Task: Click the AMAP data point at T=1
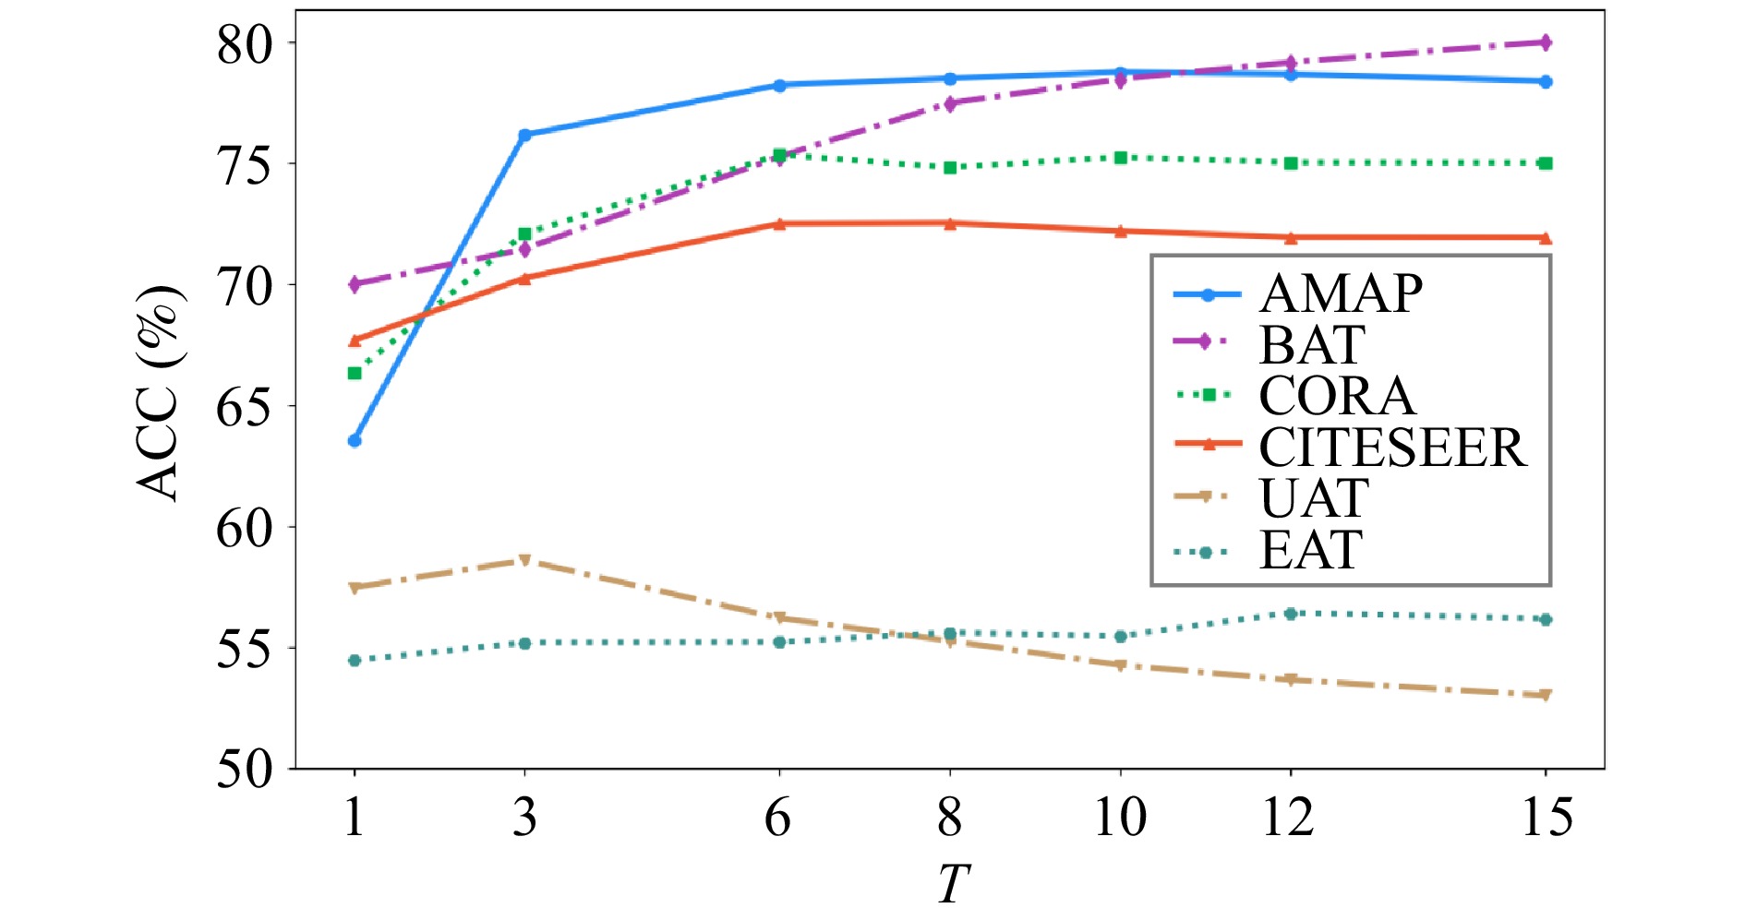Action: [x=355, y=440]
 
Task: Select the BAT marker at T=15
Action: [x=1546, y=42]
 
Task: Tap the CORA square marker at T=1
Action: [x=355, y=373]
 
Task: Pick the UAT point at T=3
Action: [x=524, y=560]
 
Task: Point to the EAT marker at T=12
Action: [x=1291, y=614]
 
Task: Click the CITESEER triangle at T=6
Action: [x=779, y=223]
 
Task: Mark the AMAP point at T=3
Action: [x=524, y=135]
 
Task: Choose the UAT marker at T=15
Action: [x=1546, y=695]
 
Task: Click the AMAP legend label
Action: [x=1341, y=294]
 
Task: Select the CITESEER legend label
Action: [x=1392, y=448]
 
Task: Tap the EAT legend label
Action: [x=1311, y=551]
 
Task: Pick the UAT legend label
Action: [x=1314, y=499]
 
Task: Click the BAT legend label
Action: [x=1312, y=345]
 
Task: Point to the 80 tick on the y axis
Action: [x=246, y=43]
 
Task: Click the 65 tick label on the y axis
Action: [x=246, y=406]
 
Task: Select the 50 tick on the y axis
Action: [x=246, y=769]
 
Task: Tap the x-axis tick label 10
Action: [x=1120, y=818]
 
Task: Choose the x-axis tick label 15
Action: [x=1546, y=818]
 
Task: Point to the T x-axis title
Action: [x=953, y=884]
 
